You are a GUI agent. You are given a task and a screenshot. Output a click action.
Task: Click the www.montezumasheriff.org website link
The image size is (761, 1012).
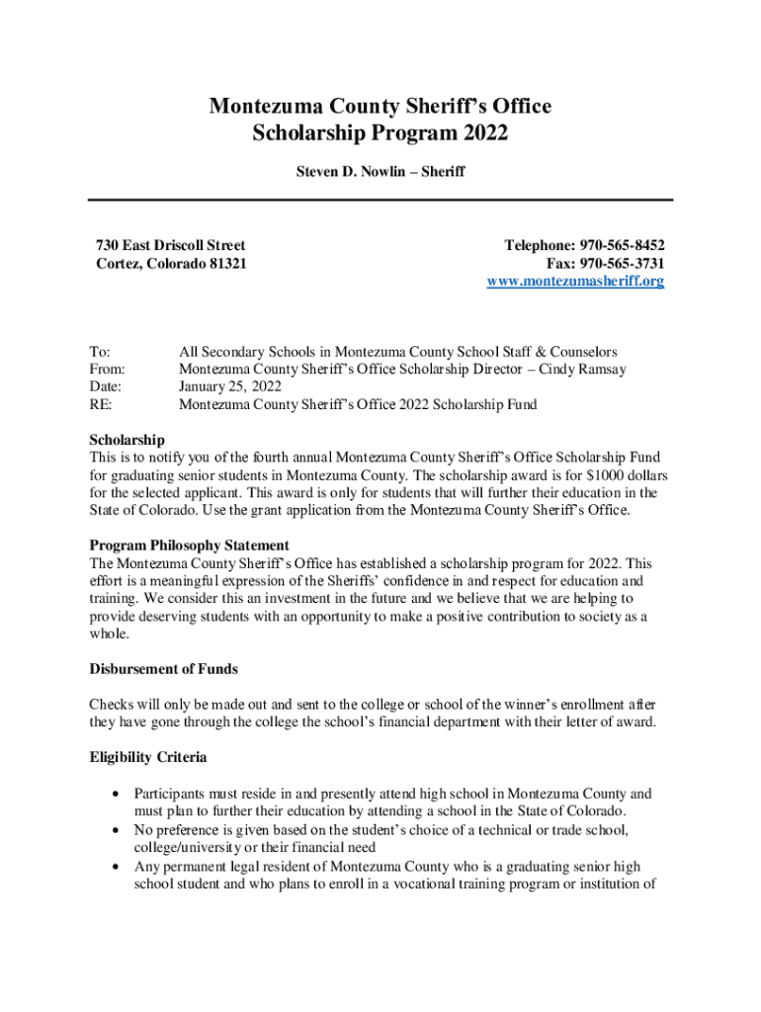[575, 282]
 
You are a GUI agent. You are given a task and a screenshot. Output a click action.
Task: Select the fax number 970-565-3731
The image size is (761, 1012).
[622, 264]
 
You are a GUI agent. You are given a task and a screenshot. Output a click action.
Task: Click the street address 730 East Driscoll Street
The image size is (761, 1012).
[171, 245]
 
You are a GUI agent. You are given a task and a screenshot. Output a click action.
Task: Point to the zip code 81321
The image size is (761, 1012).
[225, 264]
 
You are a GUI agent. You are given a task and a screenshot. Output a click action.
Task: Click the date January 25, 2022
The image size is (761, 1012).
[230, 386]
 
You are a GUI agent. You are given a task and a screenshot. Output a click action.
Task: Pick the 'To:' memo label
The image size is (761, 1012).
[100, 351]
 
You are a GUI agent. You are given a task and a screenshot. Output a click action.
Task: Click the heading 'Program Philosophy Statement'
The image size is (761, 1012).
[189, 546]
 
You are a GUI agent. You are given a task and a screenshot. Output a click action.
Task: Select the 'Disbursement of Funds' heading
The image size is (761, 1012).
[163, 669]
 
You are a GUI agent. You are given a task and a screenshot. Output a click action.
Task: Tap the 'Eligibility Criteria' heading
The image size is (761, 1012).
[148, 757]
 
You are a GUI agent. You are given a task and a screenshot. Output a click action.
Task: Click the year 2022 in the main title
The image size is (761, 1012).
[481, 133]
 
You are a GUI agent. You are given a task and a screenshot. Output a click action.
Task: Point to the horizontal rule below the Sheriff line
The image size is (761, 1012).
[380, 201]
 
